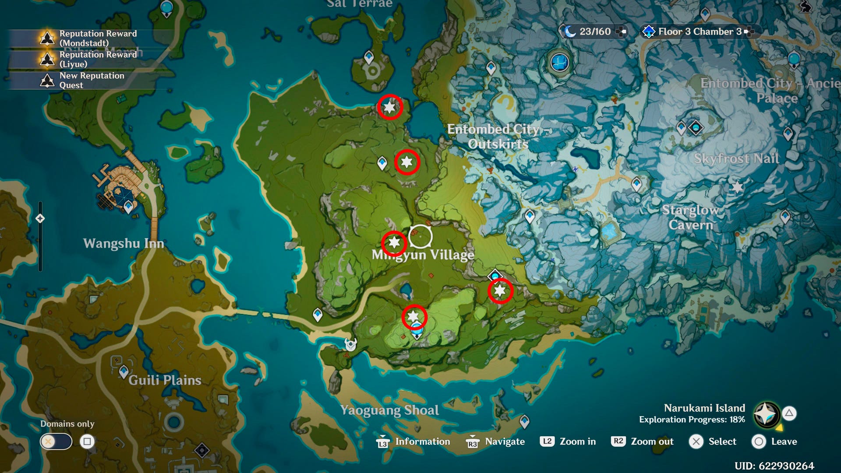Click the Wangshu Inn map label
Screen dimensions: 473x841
click(124, 244)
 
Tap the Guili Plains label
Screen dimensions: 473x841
click(165, 380)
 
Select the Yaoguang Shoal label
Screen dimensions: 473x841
click(389, 410)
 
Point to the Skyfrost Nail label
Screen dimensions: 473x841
click(736, 159)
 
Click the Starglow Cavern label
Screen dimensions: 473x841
click(691, 217)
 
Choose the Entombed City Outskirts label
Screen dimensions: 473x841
click(498, 136)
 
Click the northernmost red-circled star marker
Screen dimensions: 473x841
click(390, 107)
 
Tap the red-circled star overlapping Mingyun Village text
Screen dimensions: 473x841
click(394, 243)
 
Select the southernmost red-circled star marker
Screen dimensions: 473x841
click(413, 317)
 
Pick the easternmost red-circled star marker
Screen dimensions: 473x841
click(500, 291)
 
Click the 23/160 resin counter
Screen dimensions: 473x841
click(594, 32)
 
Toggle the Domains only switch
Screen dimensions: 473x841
click(56, 441)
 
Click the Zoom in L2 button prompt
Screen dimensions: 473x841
click(568, 441)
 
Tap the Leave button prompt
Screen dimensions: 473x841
click(774, 441)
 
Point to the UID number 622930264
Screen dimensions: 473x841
click(774, 466)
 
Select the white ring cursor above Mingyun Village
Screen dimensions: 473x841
click(420, 236)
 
